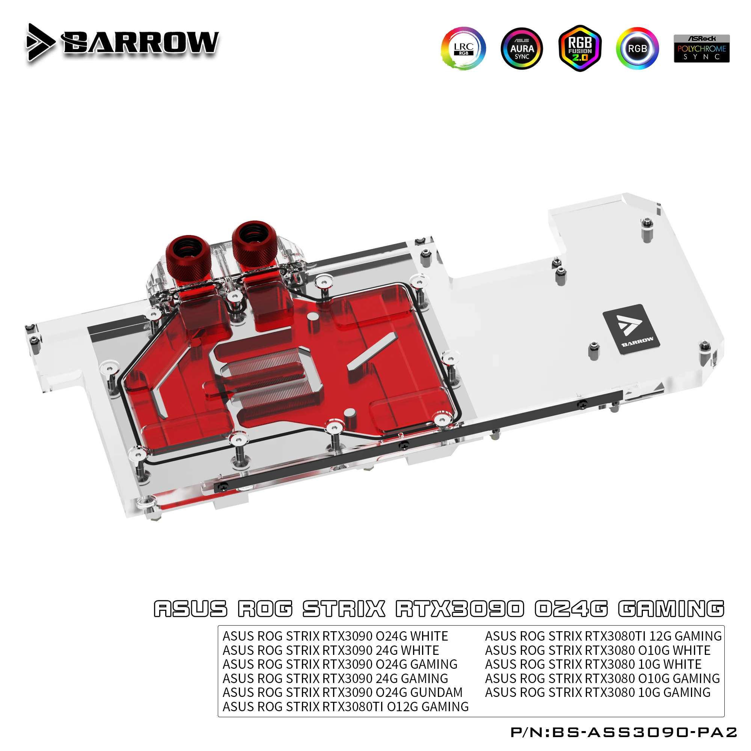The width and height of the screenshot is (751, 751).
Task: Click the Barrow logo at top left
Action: (x=122, y=42)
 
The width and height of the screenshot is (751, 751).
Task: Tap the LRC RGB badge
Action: (x=463, y=48)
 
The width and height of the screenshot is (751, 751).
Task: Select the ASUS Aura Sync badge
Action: (x=522, y=48)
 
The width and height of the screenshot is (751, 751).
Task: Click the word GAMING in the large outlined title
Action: (x=671, y=609)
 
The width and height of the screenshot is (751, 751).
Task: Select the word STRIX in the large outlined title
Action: (x=344, y=609)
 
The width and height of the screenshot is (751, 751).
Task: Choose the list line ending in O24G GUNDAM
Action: (x=342, y=692)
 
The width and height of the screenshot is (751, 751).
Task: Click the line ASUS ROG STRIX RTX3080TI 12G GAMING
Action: (x=603, y=636)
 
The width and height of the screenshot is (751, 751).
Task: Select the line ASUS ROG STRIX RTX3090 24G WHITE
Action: (x=330, y=650)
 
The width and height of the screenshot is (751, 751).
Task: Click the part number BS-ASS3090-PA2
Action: (x=644, y=732)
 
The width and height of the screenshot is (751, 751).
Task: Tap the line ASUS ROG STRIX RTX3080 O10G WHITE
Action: (x=597, y=650)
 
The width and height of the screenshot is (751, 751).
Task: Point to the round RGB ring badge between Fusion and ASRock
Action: (x=637, y=48)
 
